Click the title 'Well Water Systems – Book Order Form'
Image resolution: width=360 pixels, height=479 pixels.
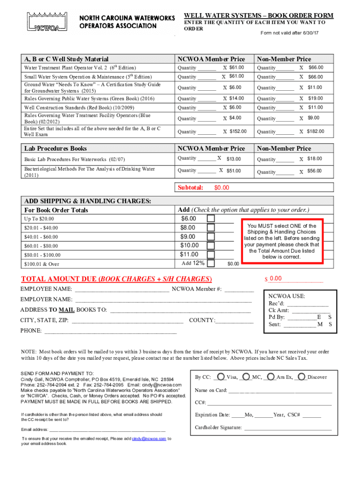tap(259, 15)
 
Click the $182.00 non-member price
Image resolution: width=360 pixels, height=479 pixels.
tap(316, 131)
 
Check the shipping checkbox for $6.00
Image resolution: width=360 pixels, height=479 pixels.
tap(211, 219)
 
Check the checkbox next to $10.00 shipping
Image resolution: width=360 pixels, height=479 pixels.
tap(211, 246)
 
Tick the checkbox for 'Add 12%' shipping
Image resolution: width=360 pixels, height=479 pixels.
tap(211, 263)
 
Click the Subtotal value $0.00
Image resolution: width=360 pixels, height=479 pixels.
tap(222, 188)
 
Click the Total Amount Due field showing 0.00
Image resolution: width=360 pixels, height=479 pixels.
tap(275, 279)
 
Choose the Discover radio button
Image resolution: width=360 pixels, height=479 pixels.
tap(302, 377)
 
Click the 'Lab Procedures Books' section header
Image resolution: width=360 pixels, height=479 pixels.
tap(55, 148)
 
